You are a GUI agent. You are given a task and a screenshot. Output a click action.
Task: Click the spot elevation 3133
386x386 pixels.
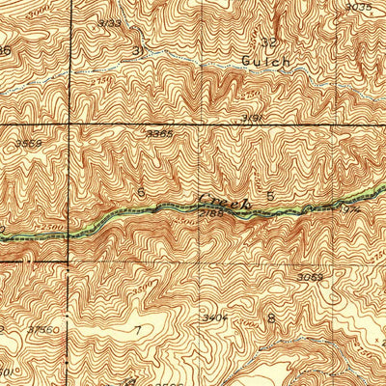(x=111, y=22)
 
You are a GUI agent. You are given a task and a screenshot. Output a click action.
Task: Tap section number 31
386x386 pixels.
(x=138, y=49)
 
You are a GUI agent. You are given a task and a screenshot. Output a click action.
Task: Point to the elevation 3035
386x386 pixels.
(x=357, y=7)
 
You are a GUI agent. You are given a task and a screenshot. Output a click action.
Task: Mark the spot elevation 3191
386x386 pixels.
(x=254, y=118)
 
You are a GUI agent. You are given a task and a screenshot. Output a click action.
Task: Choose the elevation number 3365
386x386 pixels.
(x=159, y=133)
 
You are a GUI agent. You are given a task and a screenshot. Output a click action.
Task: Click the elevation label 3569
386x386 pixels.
(x=29, y=144)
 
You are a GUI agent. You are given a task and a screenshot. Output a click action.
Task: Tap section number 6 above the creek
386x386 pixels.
(x=142, y=193)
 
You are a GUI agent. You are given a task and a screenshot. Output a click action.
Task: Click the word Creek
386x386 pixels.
(x=223, y=202)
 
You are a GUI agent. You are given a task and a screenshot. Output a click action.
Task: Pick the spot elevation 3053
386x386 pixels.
(x=309, y=277)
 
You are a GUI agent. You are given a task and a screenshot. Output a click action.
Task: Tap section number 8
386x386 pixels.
(x=271, y=317)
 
